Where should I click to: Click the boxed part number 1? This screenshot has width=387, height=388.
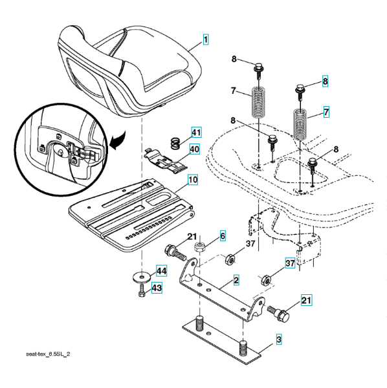[x=206, y=39]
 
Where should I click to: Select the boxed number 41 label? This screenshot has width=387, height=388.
[x=196, y=132]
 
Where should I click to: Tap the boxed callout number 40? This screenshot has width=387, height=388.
[x=194, y=149]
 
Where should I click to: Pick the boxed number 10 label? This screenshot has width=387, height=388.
[x=193, y=180]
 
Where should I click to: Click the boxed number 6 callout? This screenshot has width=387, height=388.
[x=223, y=236]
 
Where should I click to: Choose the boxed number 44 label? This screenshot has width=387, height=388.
[x=161, y=271]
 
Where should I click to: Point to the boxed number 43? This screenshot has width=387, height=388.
[x=157, y=288]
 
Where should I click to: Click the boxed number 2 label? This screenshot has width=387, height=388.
[x=236, y=280]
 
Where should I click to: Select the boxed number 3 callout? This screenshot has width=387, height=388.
[x=279, y=339]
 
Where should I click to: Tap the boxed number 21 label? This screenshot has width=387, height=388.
[x=306, y=300]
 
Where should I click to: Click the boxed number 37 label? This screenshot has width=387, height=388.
[x=290, y=263]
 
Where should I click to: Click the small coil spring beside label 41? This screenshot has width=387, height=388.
[x=175, y=144]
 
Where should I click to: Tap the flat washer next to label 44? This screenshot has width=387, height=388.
[x=141, y=277]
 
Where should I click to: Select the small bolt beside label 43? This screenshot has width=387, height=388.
[x=141, y=291]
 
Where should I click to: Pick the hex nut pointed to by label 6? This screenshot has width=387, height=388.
[x=199, y=246]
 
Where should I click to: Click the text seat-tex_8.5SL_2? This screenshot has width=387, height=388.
[x=48, y=354]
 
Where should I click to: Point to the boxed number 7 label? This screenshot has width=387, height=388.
[x=326, y=112]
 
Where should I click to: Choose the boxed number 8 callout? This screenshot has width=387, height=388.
[x=325, y=81]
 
